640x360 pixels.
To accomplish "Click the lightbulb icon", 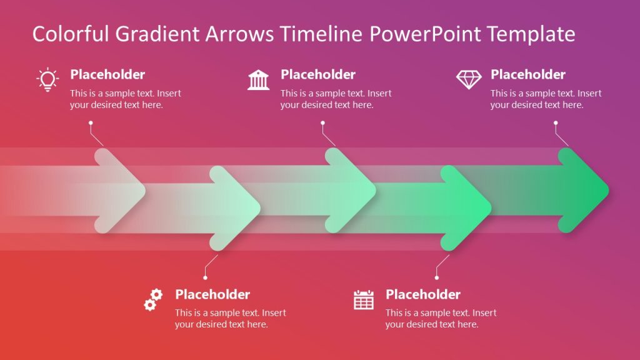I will coord(47,80).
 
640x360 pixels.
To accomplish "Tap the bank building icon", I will coord(258,80).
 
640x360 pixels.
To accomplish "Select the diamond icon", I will coord(469,79).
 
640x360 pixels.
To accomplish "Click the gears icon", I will coord(153,300).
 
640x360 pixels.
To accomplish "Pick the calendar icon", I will coord(363,300).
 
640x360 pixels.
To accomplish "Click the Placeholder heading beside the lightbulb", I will coord(107,74).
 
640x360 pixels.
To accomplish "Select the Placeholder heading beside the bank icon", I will coord(318,74).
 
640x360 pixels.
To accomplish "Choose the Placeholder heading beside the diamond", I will coord(528,74).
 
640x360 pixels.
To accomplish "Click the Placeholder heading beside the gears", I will coord(212,294).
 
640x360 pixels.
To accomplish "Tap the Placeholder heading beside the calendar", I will coord(423,294).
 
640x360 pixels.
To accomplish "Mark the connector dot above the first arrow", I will coord(91,122).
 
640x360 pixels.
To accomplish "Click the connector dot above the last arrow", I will coord(555,122).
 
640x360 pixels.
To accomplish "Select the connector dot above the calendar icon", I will coord(437,277).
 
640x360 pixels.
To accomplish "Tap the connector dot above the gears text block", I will coord(205,277).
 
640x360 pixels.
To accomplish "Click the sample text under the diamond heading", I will coord(546,99).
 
